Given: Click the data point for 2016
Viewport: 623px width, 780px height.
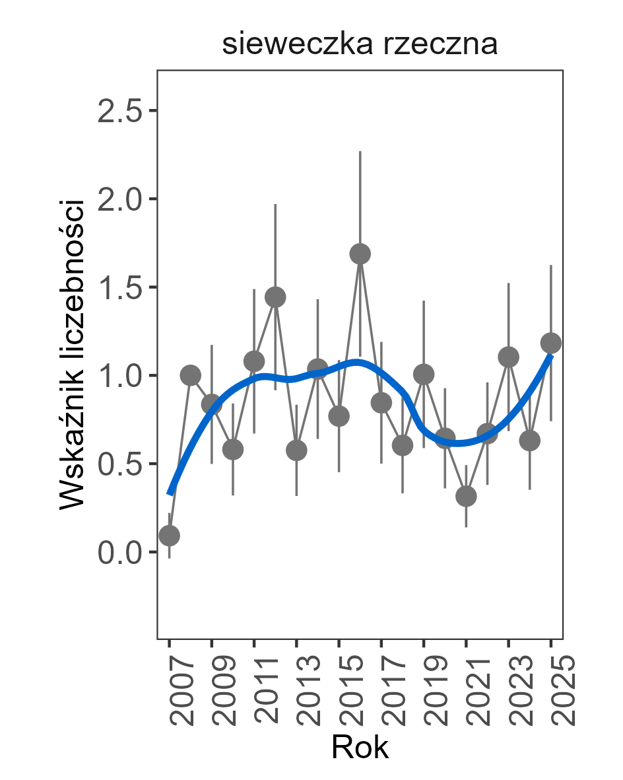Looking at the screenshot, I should (x=360, y=254).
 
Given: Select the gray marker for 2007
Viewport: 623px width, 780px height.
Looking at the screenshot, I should (x=170, y=535).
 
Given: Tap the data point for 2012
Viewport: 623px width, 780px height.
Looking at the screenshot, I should (x=275, y=297).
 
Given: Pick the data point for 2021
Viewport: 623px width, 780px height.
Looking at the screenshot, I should (x=466, y=497).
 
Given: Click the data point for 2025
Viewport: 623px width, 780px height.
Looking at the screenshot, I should (x=551, y=343).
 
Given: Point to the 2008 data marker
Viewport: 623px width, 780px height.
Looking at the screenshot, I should (x=190, y=375).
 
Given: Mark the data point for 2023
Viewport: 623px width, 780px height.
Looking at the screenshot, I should (x=508, y=357).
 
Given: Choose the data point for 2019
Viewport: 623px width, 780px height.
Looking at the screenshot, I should (x=424, y=374).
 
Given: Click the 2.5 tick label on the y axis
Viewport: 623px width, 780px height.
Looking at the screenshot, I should (x=120, y=111).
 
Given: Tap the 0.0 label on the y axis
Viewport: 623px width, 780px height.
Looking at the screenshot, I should (x=120, y=552).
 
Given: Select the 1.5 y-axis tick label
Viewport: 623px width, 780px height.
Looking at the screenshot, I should (x=120, y=287).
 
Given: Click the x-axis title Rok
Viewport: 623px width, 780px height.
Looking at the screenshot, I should (x=360, y=748).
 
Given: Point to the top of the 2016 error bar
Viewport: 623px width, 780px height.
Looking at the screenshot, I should (x=360, y=152).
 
